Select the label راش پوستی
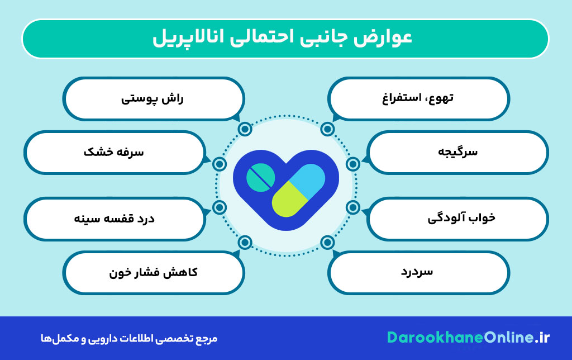point(152,99)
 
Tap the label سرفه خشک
point(114,152)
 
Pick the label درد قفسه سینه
point(114,218)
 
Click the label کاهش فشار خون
point(152,273)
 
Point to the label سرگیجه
point(459,152)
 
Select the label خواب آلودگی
point(458,218)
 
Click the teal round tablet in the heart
point(260,177)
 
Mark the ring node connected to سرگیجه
point(352,164)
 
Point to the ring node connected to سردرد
point(328,243)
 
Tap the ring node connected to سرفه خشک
point(220,164)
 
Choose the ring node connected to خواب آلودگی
point(352,207)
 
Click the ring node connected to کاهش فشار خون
point(244,243)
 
